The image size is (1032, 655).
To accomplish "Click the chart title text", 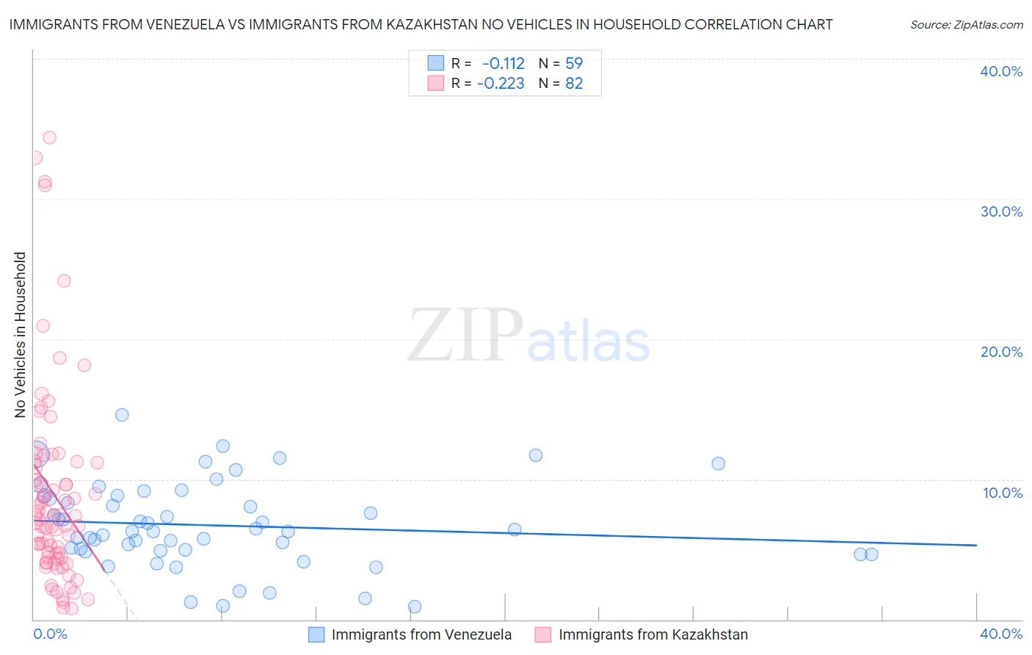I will tap(420, 24).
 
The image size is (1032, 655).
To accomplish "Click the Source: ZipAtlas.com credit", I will tap(966, 24).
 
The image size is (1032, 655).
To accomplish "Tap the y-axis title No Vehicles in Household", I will tap(21, 335).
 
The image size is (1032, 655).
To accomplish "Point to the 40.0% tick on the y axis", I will tap(1001, 71).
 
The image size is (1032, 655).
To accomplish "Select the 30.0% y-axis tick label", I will tap(1001, 211).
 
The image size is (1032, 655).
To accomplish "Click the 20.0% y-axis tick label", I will tap(1001, 352).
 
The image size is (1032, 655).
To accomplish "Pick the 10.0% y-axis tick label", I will tap(1003, 493).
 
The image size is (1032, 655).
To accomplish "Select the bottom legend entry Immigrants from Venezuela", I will tap(421, 634).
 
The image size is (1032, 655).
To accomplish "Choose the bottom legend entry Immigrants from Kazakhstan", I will tap(653, 634).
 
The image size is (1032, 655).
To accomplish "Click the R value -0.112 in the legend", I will tap(504, 63).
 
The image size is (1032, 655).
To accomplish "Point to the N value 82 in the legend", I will tap(574, 84).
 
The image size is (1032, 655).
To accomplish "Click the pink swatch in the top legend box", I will tap(436, 84).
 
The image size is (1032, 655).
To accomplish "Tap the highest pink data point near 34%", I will tap(49, 137).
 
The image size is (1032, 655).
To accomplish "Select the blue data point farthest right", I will tap(871, 554).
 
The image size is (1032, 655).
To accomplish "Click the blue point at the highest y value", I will tap(122, 415).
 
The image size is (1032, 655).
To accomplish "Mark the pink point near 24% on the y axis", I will tap(64, 281).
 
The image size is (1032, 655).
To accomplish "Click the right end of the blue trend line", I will tap(976, 545).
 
